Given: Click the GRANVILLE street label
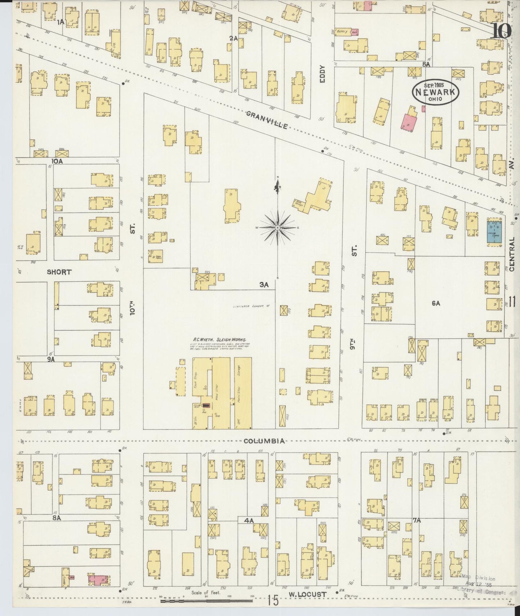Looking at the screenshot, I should tap(267, 120).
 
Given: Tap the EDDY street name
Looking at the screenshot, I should tap(322, 74).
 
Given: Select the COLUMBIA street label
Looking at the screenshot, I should tap(264, 441).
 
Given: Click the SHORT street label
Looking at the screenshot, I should tap(59, 272).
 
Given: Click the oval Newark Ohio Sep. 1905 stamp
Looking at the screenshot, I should tap(435, 91).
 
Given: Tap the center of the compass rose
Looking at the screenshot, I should tap(278, 228).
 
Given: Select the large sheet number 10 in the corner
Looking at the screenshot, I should tap(501, 31).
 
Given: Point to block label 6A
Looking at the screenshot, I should tap(436, 303).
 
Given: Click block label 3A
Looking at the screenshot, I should tap(264, 285).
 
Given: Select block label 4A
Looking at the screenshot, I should tap(249, 520).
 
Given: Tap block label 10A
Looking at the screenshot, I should tap(57, 161).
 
